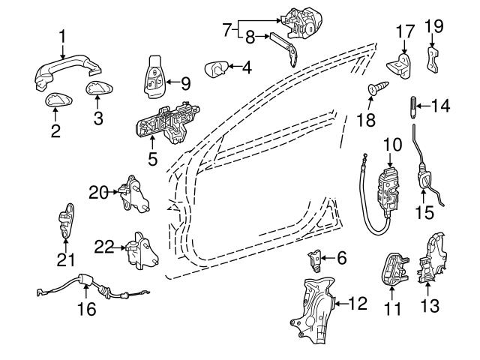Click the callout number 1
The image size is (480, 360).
tap(63, 34)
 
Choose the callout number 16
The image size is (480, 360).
tap(87, 309)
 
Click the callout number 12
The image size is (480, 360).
tap(358, 304)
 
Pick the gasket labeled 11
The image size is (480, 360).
tap(391, 268)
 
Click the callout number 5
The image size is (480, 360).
tap(152, 159)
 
